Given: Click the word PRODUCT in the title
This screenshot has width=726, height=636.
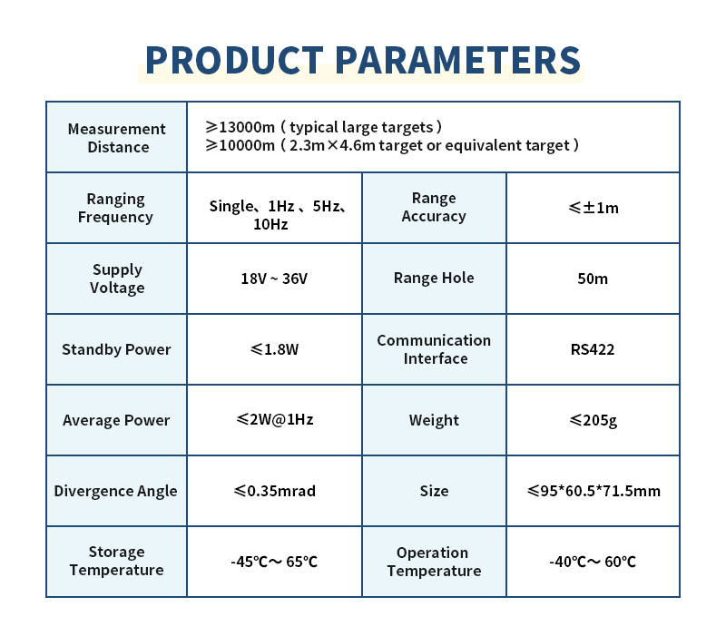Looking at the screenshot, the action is pos(234,60).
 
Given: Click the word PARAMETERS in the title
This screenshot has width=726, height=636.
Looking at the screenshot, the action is pos(458,60).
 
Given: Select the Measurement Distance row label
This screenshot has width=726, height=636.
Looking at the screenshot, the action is pos(117,138).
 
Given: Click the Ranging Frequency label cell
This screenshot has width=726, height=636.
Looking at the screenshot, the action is pos(116,208).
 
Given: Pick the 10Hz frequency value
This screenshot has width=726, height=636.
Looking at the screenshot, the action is pos(270,224).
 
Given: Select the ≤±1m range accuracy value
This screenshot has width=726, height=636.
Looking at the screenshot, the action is pos(594,208).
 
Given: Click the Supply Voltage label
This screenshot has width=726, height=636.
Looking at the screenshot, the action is pos(117,279).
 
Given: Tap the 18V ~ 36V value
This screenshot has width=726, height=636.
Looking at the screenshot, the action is pos(274,279).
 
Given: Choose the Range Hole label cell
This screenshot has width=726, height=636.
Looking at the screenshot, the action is pos(434,279).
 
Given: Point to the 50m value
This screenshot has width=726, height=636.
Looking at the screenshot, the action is pos(593,279).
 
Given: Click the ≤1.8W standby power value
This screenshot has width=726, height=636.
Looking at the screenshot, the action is pos(275,349).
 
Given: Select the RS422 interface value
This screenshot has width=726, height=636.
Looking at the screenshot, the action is pos(593,349).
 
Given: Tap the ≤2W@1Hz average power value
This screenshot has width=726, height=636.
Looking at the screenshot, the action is pos(275,419).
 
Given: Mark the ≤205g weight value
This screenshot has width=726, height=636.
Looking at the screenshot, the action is pos(594,420).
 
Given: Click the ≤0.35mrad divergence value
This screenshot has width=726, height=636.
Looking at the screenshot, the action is pos(275,491).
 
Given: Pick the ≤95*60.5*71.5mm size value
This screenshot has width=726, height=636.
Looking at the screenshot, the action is pos(594,491).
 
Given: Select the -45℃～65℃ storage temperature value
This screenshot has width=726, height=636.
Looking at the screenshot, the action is pos(274,562).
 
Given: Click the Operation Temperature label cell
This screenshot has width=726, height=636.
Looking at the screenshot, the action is pos(434,562).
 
